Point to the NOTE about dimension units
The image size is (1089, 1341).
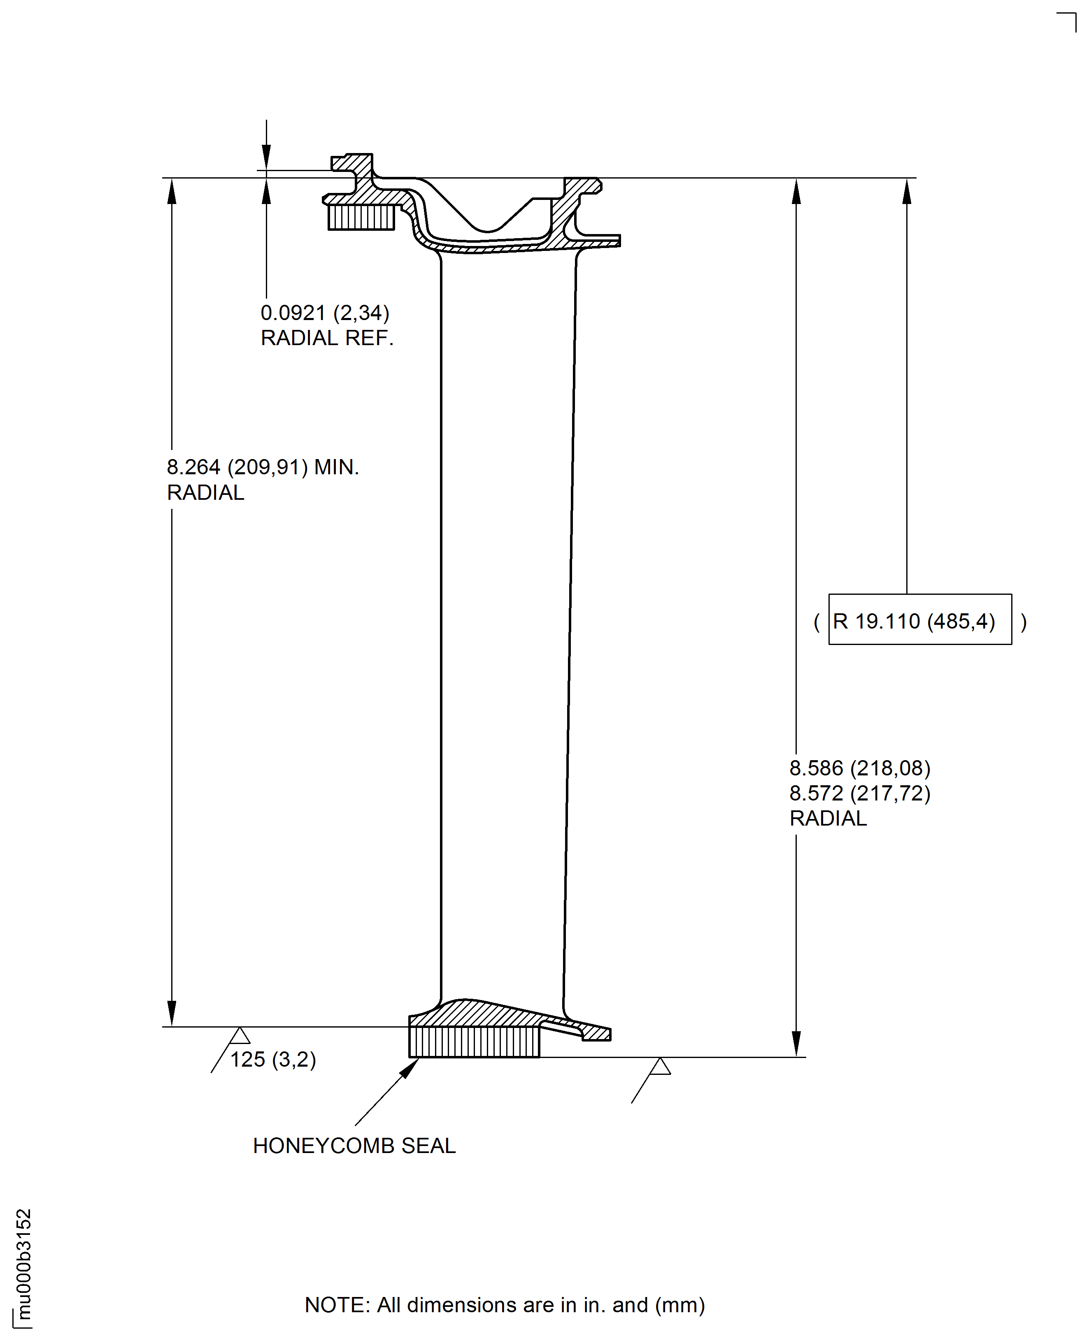(x=504, y=1305)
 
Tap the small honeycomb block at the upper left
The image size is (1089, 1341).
(x=361, y=217)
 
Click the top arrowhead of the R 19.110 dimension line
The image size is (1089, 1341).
(x=906, y=191)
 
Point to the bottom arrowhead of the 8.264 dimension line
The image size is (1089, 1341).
(x=172, y=1013)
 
